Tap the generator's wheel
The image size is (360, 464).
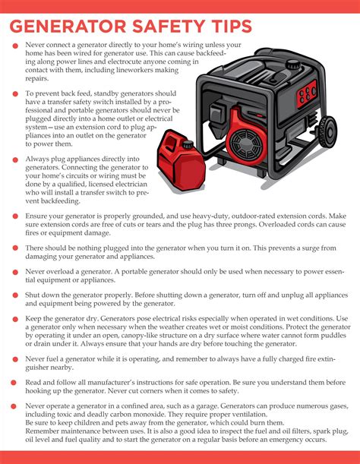[x=328, y=153]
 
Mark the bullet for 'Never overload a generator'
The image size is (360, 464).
[x=14, y=270]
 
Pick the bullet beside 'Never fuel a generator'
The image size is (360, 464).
[x=14, y=357]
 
